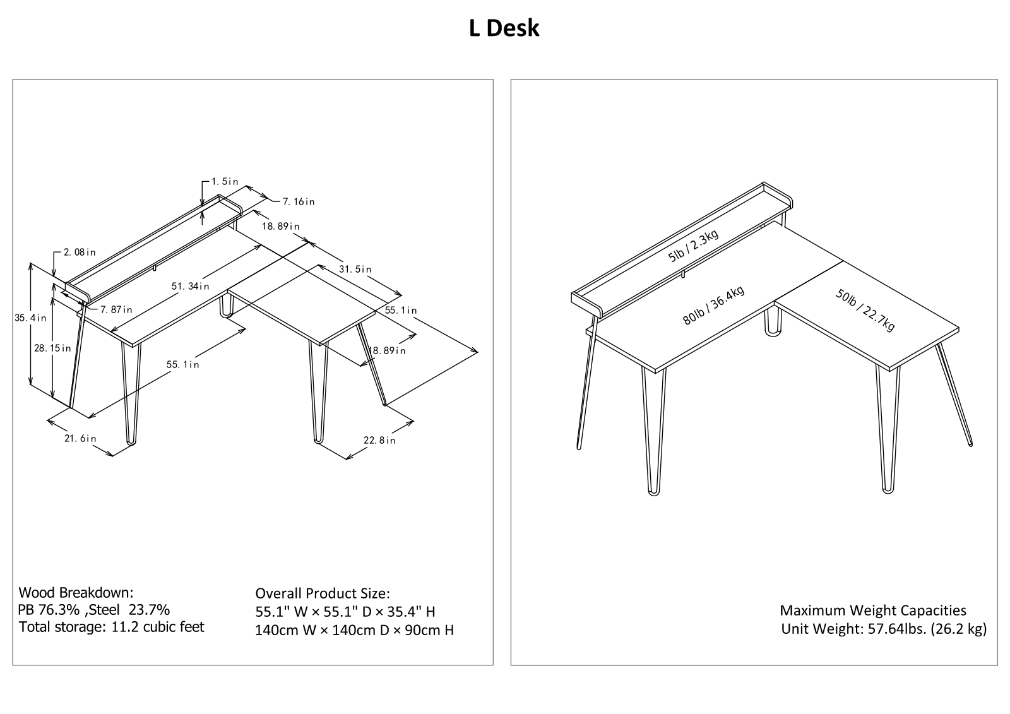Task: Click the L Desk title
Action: coord(504,28)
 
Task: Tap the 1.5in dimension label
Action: coord(225,181)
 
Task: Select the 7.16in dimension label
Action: coord(299,201)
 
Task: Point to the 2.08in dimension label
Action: coord(80,252)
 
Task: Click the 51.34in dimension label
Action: coord(190,286)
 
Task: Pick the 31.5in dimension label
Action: coord(355,270)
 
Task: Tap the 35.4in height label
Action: coord(31,318)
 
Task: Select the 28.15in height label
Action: coord(53,348)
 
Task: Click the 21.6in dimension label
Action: coord(80,438)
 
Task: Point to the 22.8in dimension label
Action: coord(379,440)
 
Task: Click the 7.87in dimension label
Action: coord(116,309)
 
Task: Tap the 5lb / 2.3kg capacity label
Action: coord(693,246)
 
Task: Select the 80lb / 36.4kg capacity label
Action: coord(713,306)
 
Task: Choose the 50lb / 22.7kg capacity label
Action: coord(865,310)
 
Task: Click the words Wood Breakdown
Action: coord(76,592)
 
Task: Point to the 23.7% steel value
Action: coord(149,610)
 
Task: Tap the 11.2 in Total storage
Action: coord(124,627)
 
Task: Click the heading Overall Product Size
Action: coord(323,593)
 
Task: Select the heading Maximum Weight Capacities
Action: coord(873,610)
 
